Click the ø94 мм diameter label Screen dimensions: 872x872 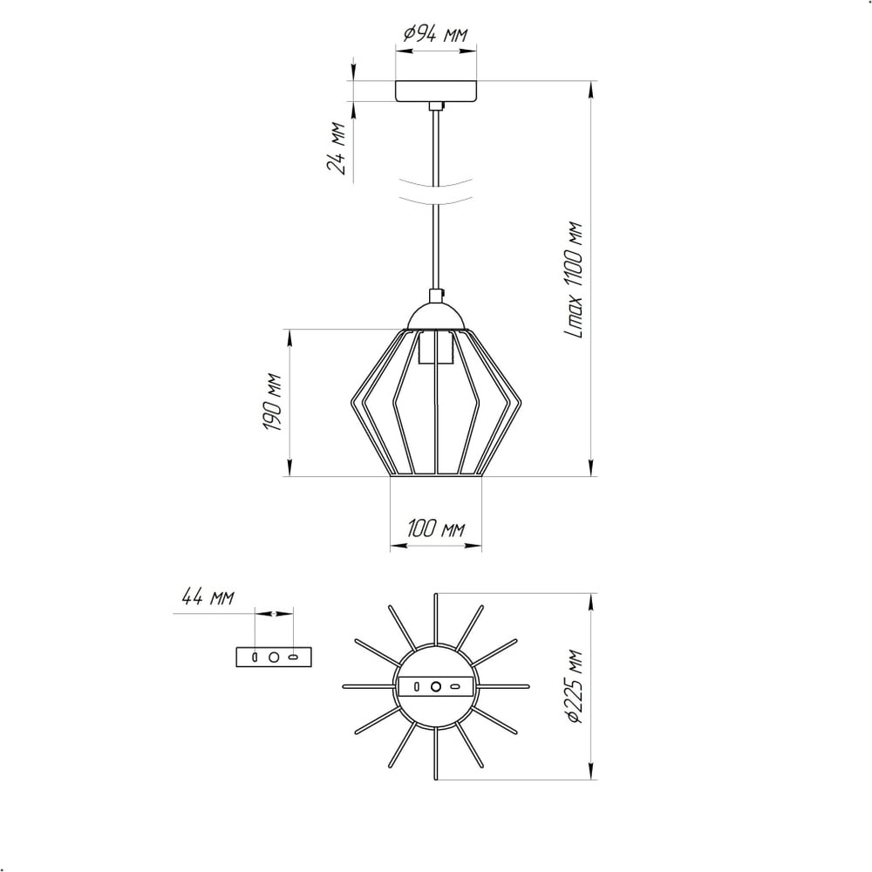435,35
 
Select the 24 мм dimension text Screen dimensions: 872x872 337,148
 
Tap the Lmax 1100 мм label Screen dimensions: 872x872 573,281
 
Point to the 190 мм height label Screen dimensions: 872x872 272,402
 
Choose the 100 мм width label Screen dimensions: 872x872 436,528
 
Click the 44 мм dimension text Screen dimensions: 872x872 208,597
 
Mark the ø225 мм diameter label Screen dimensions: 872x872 574,687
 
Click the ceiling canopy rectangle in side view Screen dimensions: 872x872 436,92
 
